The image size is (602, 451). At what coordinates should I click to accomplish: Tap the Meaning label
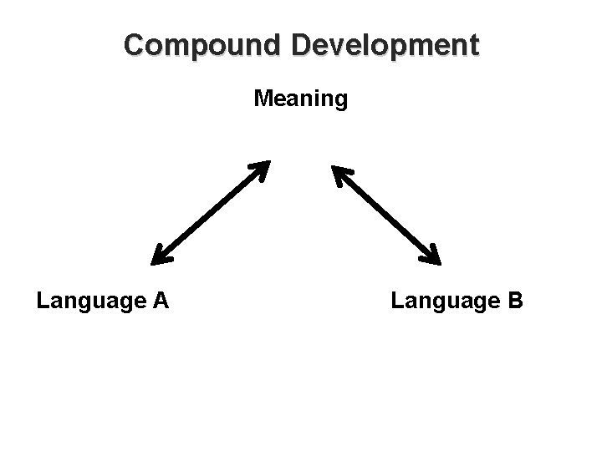point(301,100)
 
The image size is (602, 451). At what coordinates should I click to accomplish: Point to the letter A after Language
point(161,299)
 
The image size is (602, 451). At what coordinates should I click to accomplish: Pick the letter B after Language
point(515,299)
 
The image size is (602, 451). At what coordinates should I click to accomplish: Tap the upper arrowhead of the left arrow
point(260,169)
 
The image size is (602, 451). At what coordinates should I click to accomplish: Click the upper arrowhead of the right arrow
point(341,174)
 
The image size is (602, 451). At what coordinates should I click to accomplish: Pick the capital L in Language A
point(42,299)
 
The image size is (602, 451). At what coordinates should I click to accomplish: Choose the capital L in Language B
point(395,299)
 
